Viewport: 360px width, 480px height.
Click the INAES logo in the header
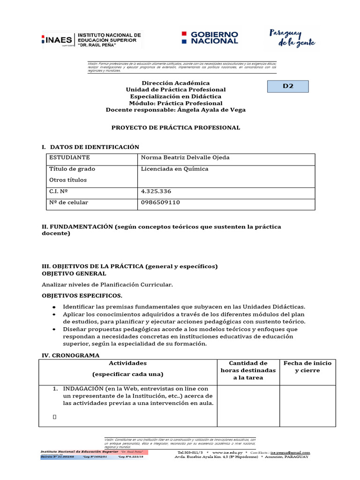tap(91, 40)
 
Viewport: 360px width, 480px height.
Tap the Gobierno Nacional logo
tap(210, 38)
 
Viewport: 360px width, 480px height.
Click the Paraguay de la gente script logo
tap(292, 38)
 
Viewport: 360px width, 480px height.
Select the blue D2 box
tap(288, 86)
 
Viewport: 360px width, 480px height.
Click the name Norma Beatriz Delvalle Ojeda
tap(185, 157)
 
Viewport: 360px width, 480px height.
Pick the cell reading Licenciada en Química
tap(174, 169)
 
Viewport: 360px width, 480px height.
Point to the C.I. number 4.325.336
tap(156, 191)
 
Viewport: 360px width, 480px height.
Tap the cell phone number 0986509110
tap(160, 202)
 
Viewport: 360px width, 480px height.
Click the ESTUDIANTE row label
tap(69, 157)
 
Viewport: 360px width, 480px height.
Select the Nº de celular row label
tap(68, 202)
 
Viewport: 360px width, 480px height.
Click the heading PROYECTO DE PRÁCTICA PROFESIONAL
tap(175, 127)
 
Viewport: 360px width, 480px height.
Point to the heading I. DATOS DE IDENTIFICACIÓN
tap(90, 147)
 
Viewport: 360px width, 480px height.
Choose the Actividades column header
tap(128, 363)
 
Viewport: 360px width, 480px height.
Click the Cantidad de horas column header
tap(248, 370)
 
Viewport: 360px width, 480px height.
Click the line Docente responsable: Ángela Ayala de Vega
tap(175, 110)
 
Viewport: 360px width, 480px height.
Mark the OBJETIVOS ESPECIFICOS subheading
tap(82, 296)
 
